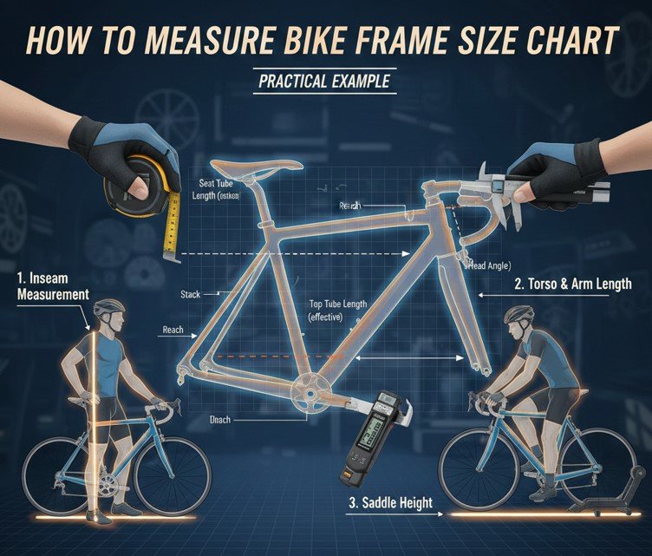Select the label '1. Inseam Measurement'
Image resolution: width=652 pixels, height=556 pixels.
[x=52, y=286]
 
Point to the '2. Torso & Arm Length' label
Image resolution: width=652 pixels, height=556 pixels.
[x=572, y=284]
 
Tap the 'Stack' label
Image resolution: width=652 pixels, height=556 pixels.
[x=190, y=295]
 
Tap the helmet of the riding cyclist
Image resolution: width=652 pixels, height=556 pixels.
[x=518, y=313]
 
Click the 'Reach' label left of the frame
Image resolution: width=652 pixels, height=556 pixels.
[x=174, y=330]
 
